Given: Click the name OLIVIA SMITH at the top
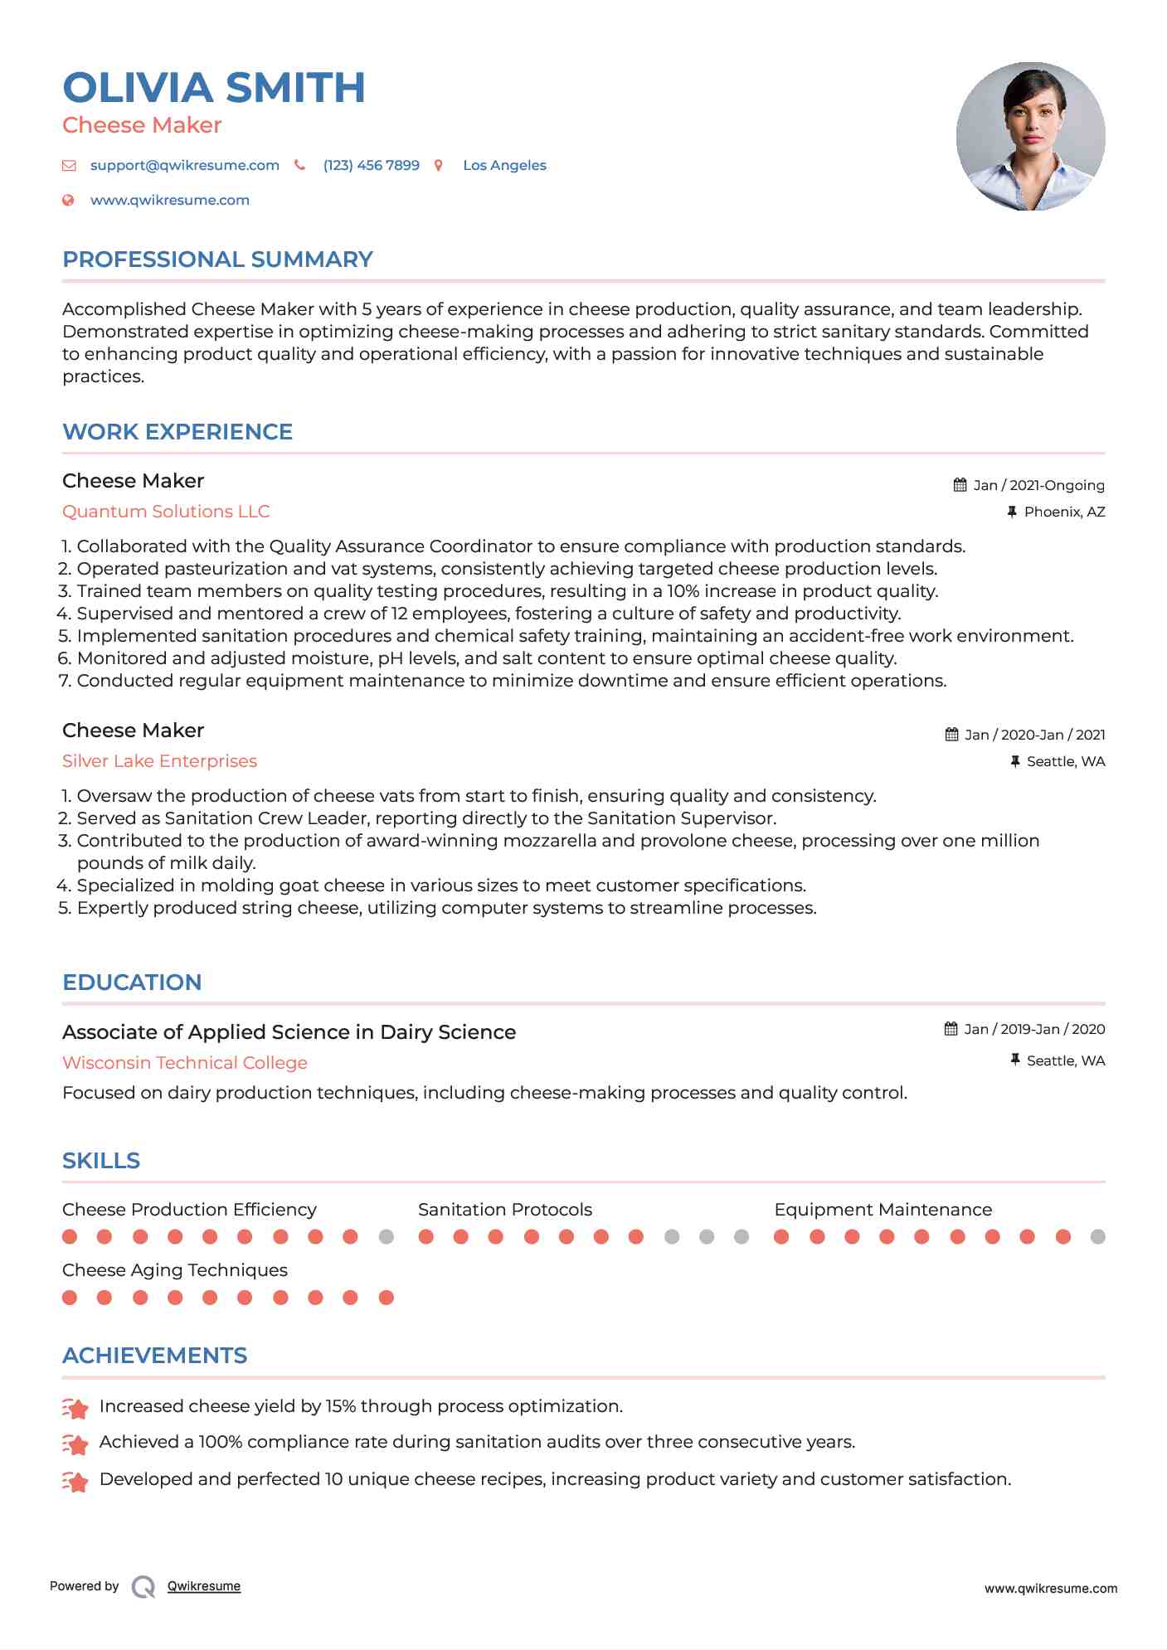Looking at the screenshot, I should (213, 88).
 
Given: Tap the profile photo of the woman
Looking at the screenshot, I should (1030, 136).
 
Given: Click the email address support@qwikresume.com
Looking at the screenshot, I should (184, 165).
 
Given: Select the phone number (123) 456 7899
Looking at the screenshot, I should (371, 165).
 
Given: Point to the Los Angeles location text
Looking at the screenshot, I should (504, 165).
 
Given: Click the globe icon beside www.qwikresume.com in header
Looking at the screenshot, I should (69, 200).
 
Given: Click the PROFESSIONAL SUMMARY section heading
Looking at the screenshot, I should (217, 260).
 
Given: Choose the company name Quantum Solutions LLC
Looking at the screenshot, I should (166, 512).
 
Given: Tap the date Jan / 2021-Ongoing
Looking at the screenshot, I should (1038, 485).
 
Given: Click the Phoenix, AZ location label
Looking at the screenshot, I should (1064, 512).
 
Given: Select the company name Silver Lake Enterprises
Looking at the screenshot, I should (159, 761).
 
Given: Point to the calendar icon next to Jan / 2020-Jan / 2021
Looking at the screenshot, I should (951, 735).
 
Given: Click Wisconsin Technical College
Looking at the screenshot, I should (184, 1063).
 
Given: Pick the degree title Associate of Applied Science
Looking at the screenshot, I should (289, 1032).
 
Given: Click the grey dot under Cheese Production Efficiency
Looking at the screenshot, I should (386, 1237).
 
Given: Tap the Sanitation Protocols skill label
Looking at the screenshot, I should (504, 1210).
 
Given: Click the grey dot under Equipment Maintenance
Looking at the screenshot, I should (1097, 1237).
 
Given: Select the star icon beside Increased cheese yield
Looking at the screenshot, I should (75, 1408).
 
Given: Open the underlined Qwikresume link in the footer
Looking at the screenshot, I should (204, 1586).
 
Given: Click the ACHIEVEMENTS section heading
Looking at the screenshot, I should (154, 1356).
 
